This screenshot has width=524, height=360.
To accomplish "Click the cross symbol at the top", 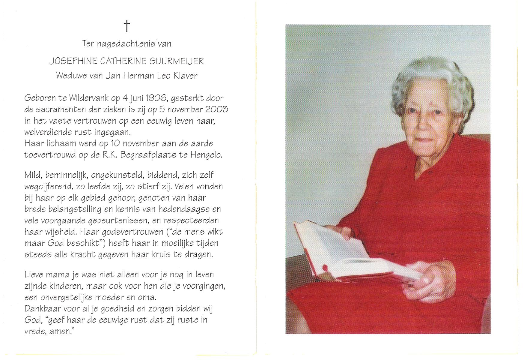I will pyautogui.click(x=127, y=26).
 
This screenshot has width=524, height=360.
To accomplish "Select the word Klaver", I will pyautogui.click(x=185, y=76).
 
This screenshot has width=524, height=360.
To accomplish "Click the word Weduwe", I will pyautogui.click(x=71, y=76).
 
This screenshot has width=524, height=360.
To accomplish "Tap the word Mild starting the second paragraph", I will pyautogui.click(x=34, y=175).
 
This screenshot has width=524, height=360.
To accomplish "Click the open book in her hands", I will pyautogui.click(x=351, y=255).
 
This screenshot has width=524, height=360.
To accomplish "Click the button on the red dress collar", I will pyautogui.click(x=430, y=173).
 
